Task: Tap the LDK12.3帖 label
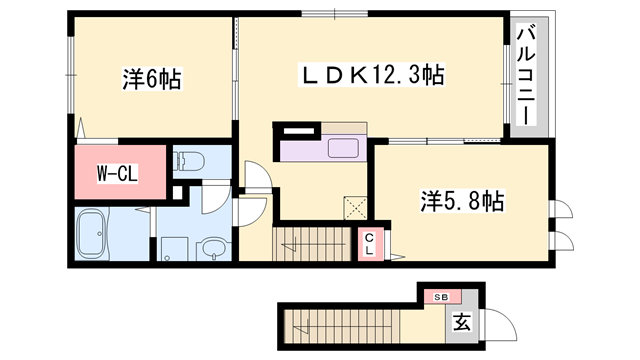(374, 74)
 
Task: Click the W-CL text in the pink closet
(116, 173)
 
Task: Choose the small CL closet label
(368, 243)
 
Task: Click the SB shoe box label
(441, 297)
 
